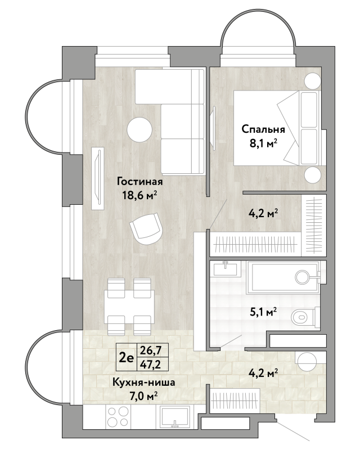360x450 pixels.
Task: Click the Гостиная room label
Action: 139,182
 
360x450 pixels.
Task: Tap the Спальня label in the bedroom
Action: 263,129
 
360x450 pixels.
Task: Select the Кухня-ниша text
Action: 143,382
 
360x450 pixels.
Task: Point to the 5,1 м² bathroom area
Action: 263,312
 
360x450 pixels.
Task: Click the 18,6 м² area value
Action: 140,196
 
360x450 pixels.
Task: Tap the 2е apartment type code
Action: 127,358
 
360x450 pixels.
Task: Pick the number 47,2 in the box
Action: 150,364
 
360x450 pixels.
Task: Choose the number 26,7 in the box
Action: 150,350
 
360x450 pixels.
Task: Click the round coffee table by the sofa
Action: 139,129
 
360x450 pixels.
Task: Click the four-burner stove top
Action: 117,416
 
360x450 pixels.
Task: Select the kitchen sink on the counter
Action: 174,416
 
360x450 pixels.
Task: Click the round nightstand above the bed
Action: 312,81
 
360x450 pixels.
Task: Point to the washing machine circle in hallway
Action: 307,361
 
